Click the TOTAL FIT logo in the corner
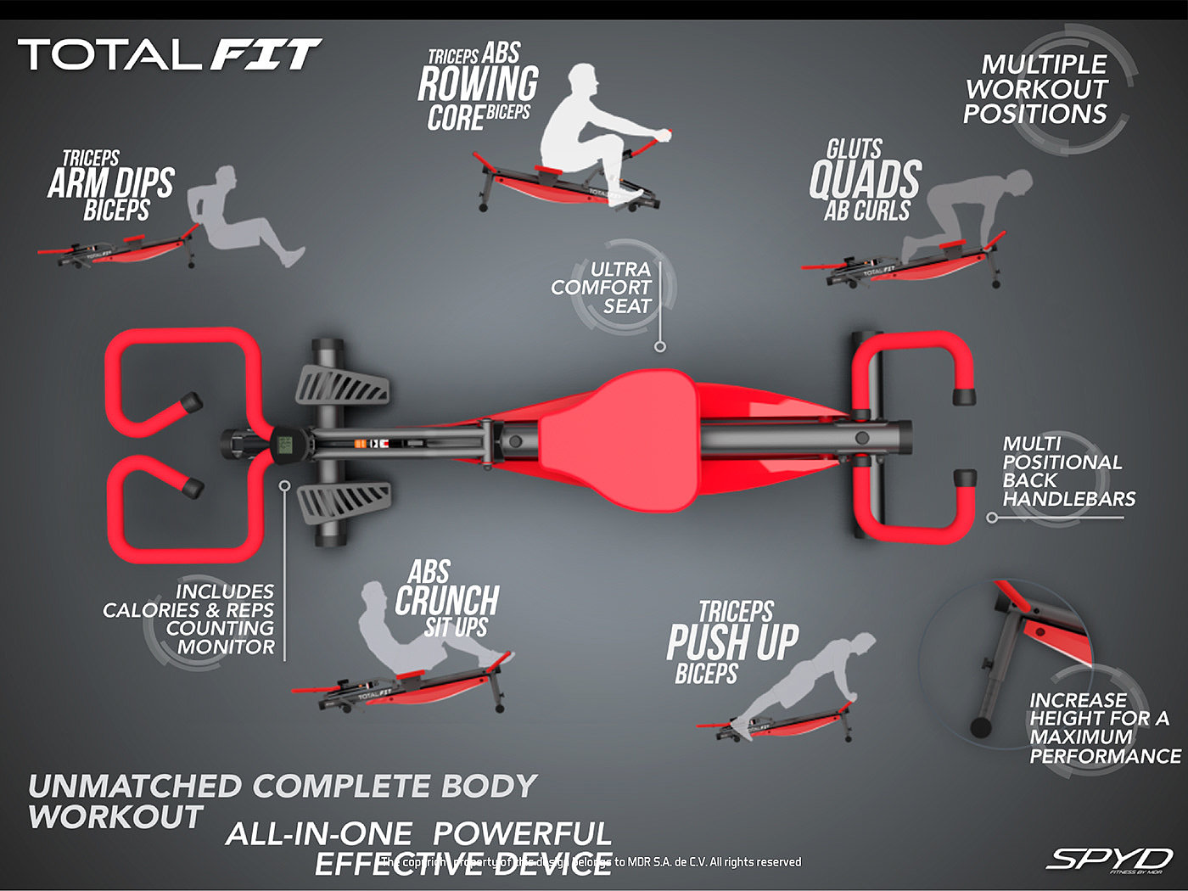(170, 55)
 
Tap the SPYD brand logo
(1110, 859)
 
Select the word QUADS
(865, 180)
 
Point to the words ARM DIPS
(111, 183)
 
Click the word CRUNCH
(447, 601)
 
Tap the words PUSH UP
(732, 642)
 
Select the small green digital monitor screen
(285, 443)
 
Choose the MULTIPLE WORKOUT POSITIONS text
(1036, 89)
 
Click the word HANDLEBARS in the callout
(1068, 499)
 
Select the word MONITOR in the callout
(226, 647)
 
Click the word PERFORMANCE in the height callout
(1105, 755)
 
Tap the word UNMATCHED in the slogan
(135, 786)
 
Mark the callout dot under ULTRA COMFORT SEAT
(660, 346)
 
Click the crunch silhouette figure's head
(373, 593)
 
